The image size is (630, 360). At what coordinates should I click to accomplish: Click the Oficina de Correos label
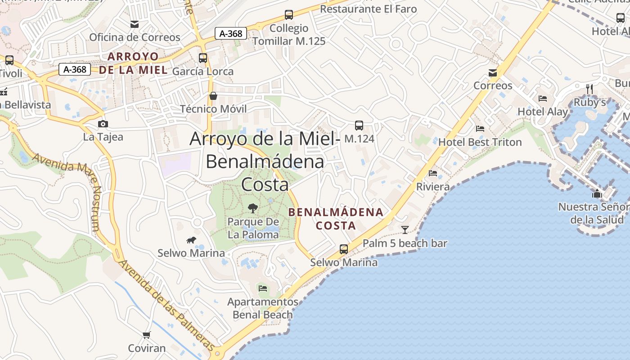click(135, 37)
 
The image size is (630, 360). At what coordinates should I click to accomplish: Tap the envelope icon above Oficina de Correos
click(135, 24)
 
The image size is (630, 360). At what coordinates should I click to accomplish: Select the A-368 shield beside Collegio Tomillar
click(231, 33)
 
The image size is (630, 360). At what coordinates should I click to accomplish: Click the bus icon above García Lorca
click(203, 58)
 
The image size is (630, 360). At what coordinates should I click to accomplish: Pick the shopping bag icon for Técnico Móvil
click(213, 96)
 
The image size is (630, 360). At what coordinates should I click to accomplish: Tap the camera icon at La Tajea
click(103, 124)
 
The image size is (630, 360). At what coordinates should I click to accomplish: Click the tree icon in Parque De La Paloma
click(253, 208)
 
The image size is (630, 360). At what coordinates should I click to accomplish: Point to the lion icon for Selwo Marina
click(191, 240)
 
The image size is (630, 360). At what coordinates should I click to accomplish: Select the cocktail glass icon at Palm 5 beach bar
click(405, 230)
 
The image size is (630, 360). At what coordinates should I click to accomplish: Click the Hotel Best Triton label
click(480, 142)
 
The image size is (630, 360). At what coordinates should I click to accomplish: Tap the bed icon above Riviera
click(433, 173)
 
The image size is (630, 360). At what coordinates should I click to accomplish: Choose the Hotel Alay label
click(543, 112)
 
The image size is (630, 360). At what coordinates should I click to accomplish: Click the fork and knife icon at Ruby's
click(589, 89)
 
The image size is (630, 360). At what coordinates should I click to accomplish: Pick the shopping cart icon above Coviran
click(147, 335)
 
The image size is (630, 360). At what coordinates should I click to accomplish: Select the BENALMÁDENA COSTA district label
click(336, 219)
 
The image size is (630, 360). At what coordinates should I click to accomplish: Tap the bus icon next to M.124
click(359, 126)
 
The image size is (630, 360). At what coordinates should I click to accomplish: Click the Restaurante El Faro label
click(368, 9)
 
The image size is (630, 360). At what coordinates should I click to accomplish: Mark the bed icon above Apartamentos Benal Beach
click(263, 288)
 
